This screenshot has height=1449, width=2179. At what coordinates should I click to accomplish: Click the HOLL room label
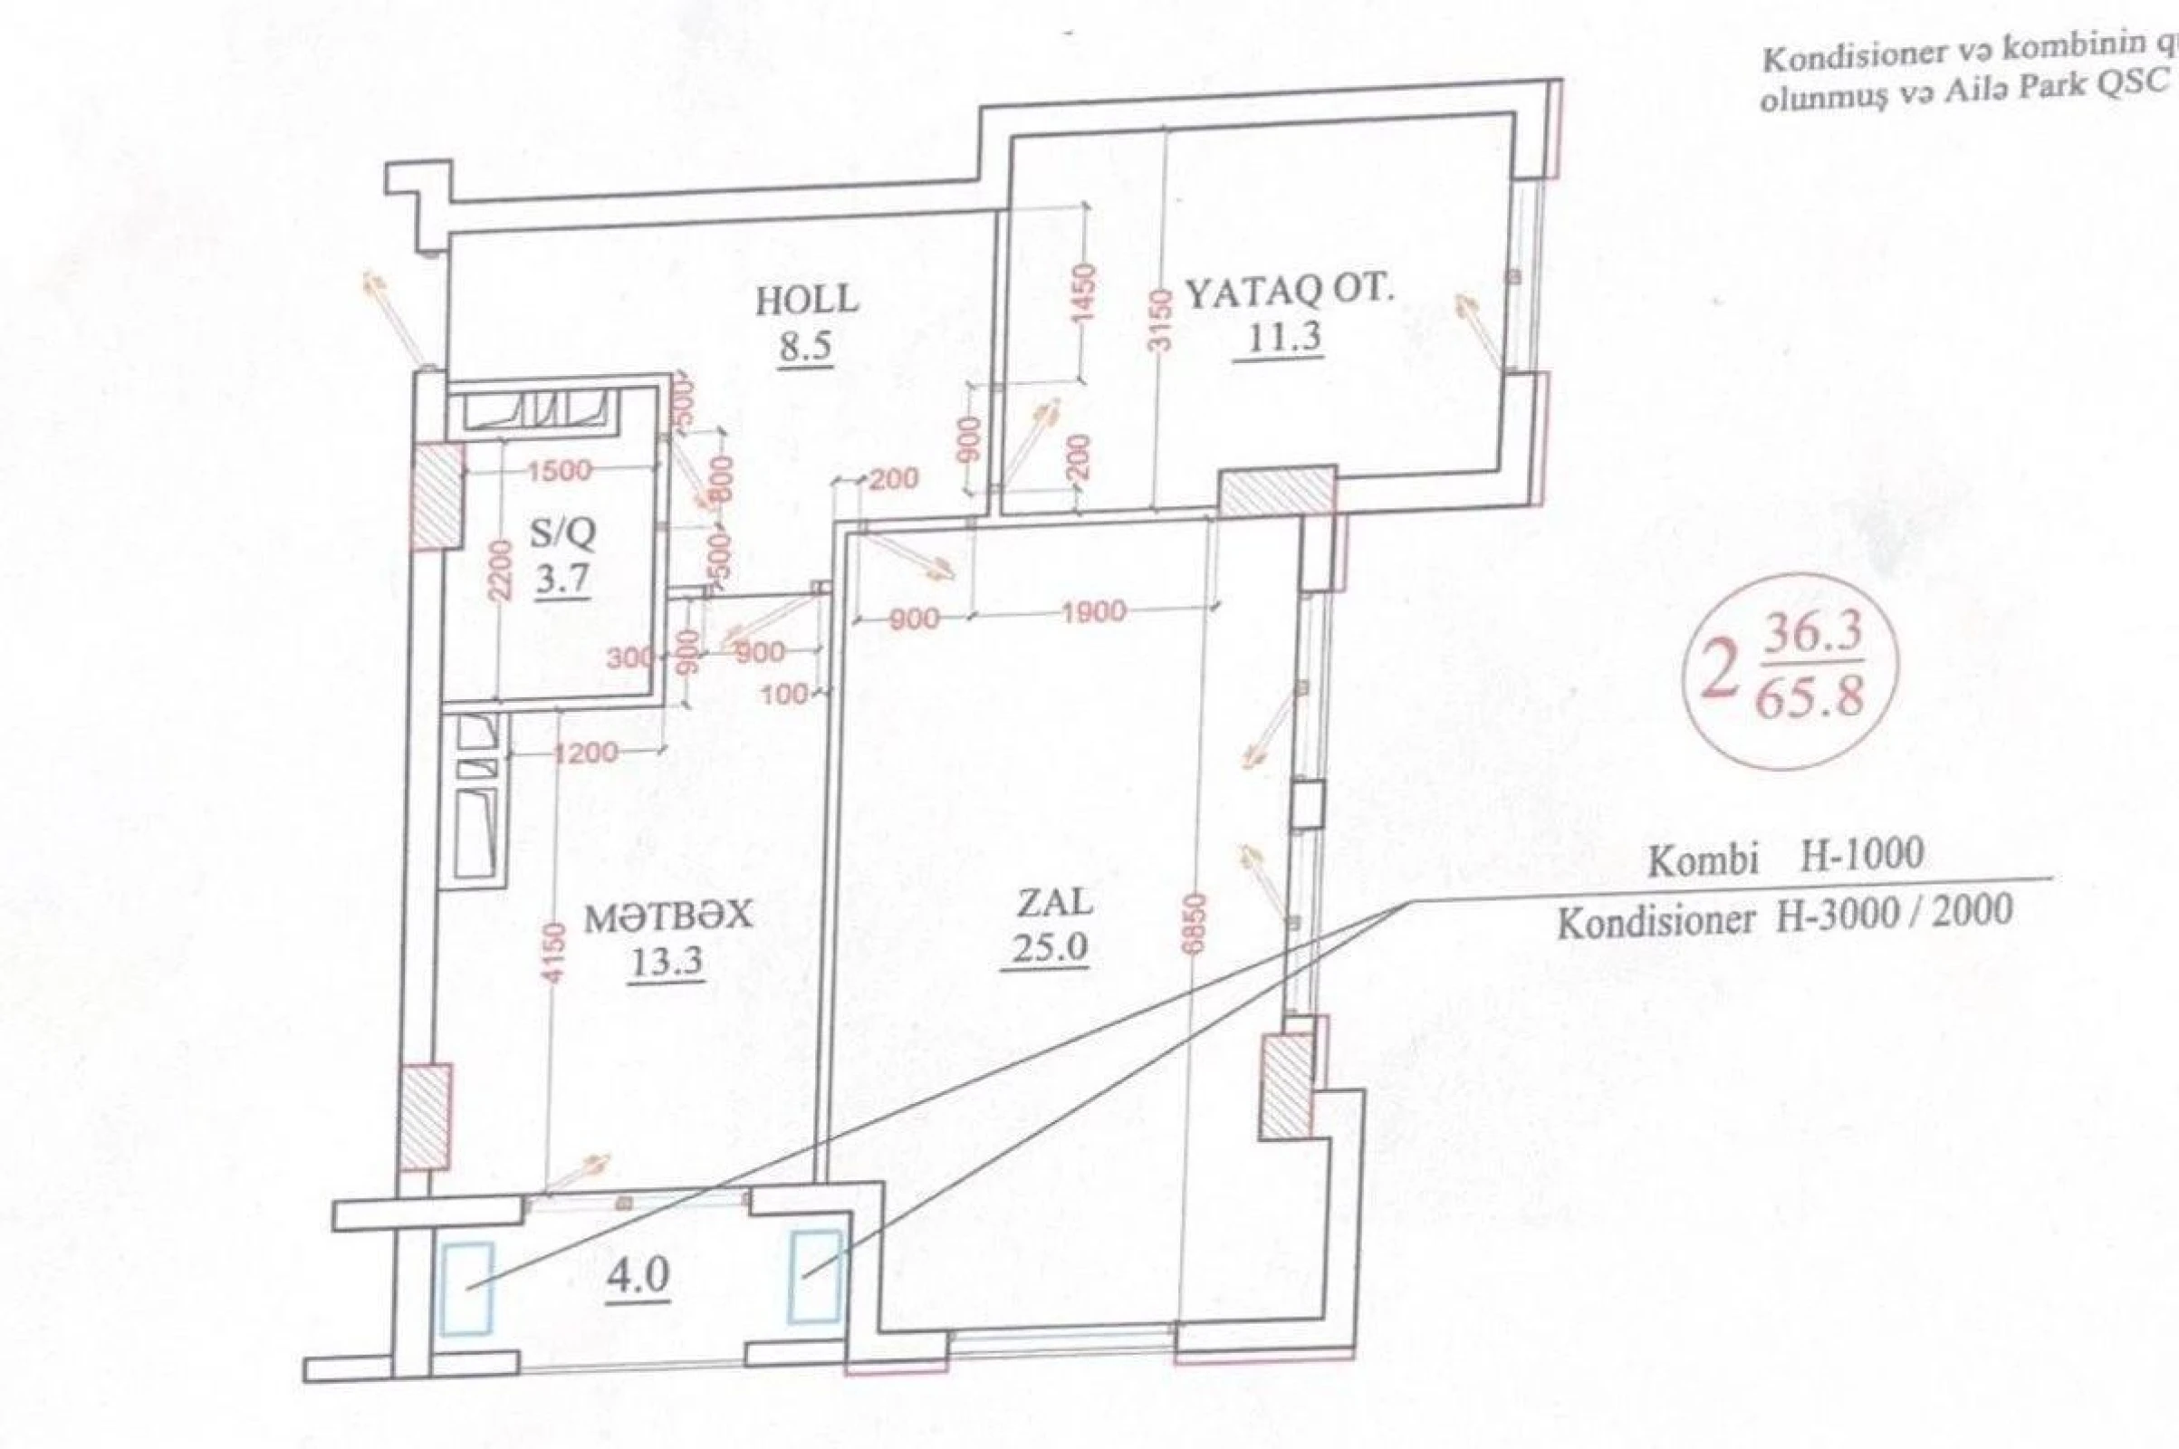(807, 302)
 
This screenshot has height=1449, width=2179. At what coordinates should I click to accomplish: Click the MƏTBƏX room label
(669, 916)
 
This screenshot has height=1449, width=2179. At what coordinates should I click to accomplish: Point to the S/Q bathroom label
(562, 533)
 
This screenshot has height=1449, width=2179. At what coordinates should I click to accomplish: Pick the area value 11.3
(1284, 338)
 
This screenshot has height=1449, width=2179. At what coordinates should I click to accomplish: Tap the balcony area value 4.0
(638, 1278)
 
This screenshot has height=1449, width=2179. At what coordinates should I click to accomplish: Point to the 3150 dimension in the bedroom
(1163, 319)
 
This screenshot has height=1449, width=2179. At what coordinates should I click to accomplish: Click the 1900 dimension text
(1093, 612)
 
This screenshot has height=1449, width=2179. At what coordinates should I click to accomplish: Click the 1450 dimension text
(1085, 293)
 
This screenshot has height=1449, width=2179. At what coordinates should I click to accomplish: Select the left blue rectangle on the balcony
(466, 1288)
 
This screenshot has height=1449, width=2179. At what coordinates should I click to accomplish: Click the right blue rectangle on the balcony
(814, 1275)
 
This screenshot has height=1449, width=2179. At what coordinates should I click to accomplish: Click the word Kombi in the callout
(1702, 861)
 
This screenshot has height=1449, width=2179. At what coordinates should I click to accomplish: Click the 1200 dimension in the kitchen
(585, 753)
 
